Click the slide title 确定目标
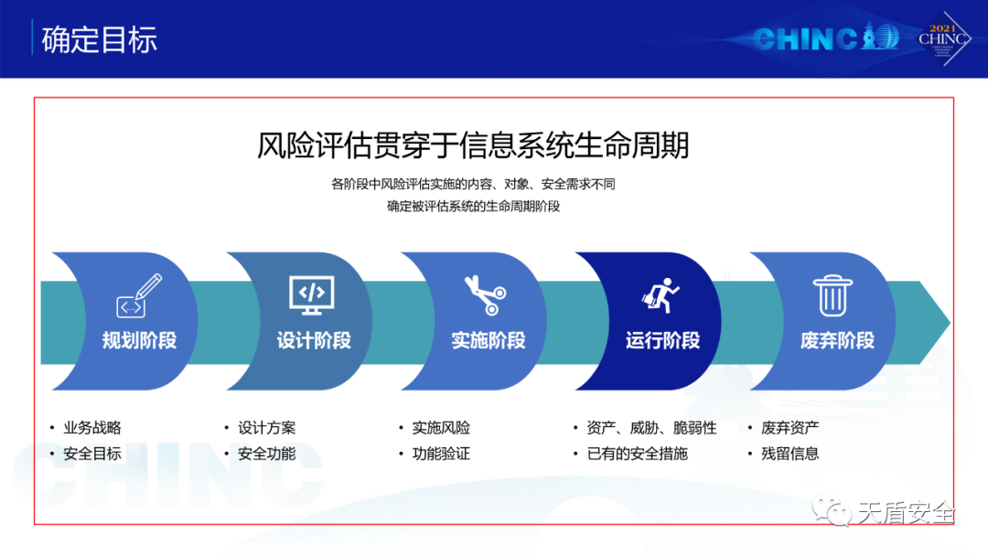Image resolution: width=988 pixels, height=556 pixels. (99, 39)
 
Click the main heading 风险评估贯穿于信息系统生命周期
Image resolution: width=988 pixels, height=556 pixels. (473, 144)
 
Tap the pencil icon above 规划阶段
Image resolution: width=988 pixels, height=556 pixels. (139, 295)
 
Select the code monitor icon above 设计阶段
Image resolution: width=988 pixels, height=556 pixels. (312, 294)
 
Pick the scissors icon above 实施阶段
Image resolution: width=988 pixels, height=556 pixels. (486, 294)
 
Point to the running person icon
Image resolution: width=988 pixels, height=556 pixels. (660, 294)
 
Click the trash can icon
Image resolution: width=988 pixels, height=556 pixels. (833, 295)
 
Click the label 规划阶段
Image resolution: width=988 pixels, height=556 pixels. (139, 341)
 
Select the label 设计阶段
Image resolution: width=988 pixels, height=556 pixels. (314, 341)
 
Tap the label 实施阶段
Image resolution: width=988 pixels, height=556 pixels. (489, 341)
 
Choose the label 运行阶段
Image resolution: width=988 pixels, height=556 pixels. (663, 341)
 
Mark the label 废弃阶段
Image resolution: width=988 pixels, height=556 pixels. (837, 341)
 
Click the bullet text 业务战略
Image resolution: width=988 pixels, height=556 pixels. (92, 428)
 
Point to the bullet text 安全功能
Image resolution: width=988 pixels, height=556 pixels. (266, 454)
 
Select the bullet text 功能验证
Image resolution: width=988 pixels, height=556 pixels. (441, 454)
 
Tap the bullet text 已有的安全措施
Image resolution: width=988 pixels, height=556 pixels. (637, 454)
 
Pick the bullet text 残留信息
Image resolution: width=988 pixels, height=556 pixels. (790, 454)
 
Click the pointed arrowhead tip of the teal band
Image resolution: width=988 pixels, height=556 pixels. (950, 323)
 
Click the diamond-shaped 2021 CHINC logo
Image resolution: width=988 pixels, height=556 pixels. (943, 38)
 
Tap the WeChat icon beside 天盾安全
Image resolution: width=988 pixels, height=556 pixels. (831, 510)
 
